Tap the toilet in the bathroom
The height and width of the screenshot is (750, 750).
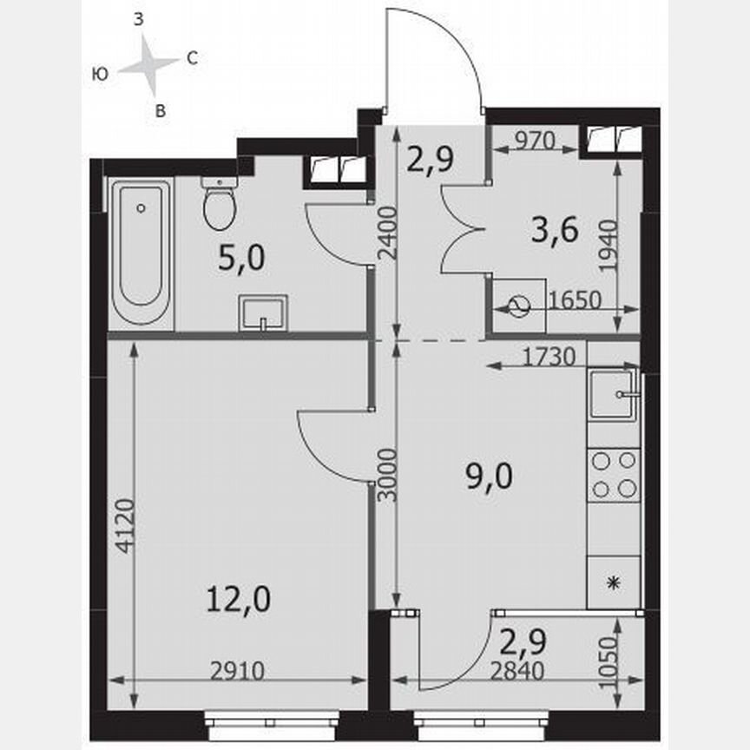click(219, 205)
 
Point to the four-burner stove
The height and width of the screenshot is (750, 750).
click(614, 475)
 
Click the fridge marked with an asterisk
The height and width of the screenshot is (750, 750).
click(614, 582)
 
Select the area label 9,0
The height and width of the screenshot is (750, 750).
click(491, 475)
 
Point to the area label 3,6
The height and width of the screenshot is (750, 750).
click(553, 232)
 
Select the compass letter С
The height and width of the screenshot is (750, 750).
click(193, 59)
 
